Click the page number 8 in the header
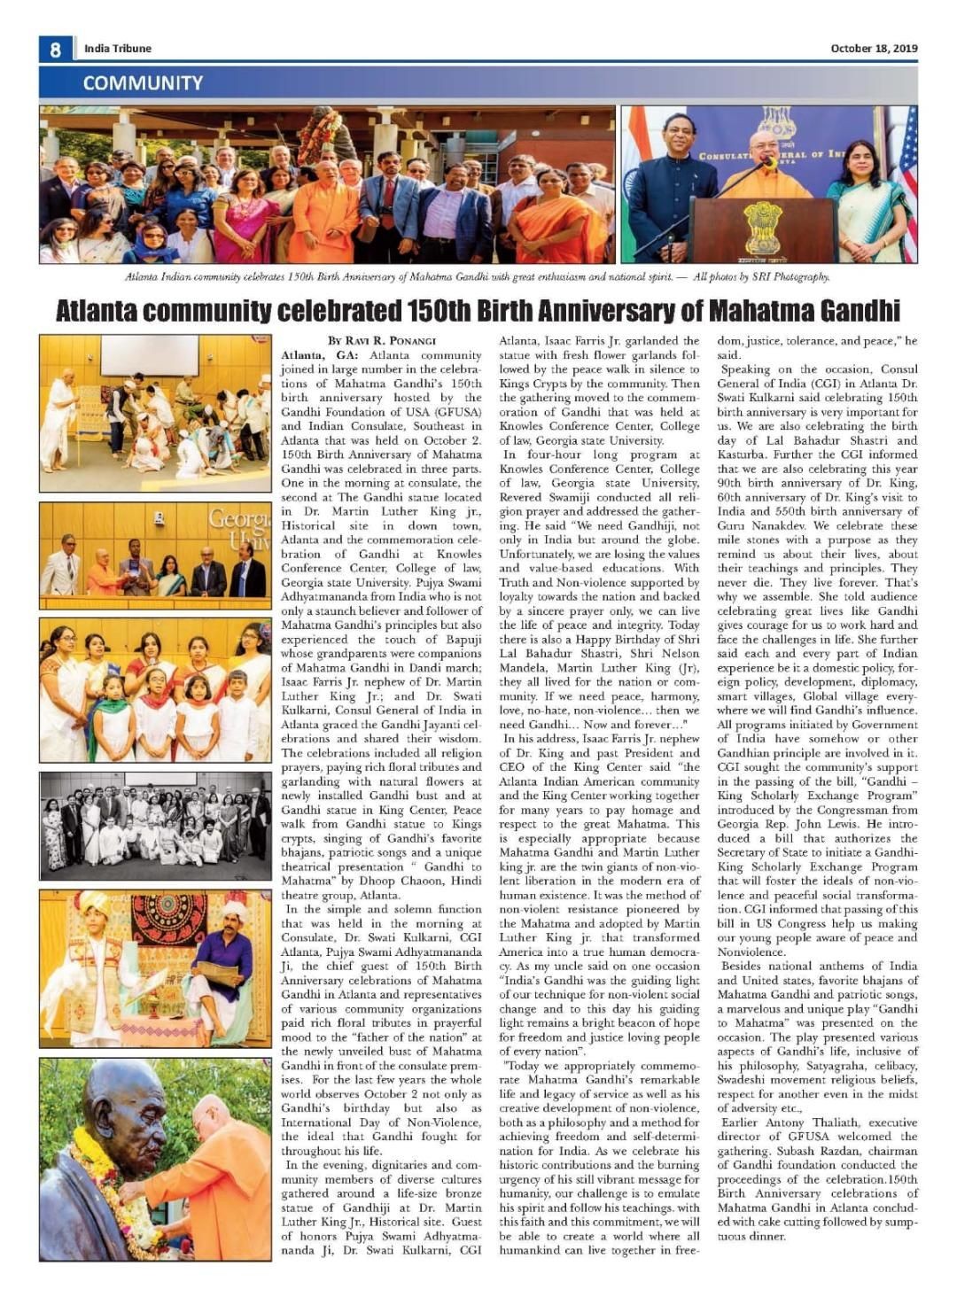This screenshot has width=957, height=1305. tap(55, 49)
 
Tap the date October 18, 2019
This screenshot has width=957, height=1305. tap(874, 49)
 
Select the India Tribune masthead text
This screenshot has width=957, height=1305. tap(118, 49)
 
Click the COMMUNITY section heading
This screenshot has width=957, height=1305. tap(143, 83)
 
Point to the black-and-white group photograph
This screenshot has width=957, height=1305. tap(155, 826)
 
